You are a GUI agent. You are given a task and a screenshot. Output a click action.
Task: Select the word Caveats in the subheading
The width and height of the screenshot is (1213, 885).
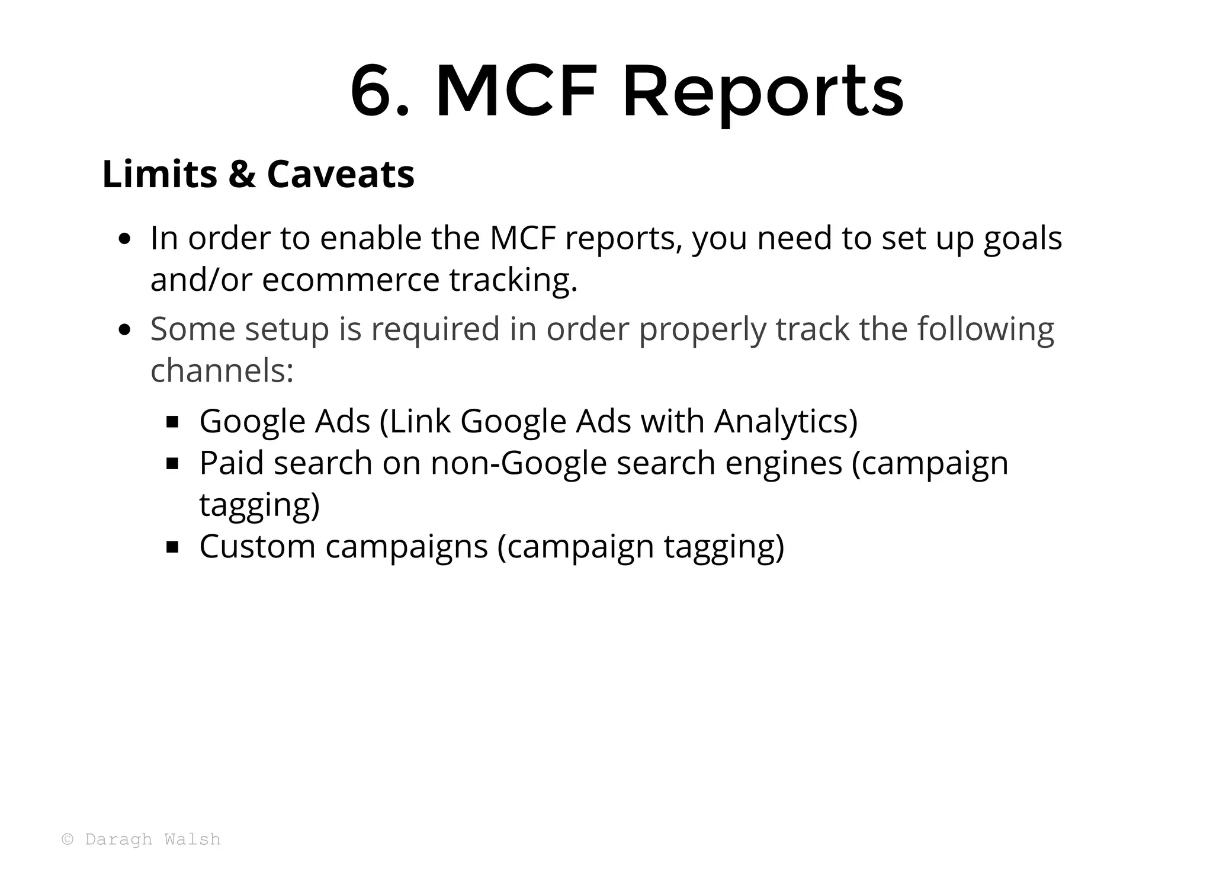point(341,174)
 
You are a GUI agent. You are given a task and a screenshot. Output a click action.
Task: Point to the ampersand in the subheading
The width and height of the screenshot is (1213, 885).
point(242,174)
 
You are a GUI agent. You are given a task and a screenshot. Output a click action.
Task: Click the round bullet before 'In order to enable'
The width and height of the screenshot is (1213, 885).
point(124,239)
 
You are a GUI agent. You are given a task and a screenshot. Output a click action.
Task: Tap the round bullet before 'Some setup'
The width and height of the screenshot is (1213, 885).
point(124,330)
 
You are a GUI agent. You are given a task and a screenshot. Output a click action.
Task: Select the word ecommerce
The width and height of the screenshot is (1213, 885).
point(350,280)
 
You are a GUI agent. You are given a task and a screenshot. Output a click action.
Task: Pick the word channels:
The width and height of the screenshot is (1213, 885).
point(222,371)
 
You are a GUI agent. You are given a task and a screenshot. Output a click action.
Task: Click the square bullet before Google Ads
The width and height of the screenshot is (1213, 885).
point(172,422)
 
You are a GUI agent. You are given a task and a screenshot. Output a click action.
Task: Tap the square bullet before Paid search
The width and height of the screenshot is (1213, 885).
point(172,464)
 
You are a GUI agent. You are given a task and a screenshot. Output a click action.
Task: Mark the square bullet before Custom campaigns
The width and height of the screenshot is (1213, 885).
point(172,547)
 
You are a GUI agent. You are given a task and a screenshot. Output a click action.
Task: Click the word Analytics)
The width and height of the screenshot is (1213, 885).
point(785,421)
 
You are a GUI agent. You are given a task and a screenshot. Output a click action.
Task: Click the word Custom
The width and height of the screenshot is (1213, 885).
point(257,546)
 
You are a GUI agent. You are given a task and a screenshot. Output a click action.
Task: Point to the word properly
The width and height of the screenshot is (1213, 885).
point(702,330)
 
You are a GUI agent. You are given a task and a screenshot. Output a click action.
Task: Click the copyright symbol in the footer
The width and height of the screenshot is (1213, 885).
point(68,839)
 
